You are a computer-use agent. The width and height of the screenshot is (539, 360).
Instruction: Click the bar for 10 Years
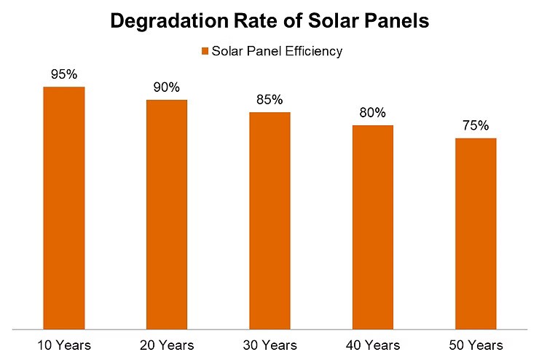click(64, 208)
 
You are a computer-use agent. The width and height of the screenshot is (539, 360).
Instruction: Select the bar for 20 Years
click(167, 214)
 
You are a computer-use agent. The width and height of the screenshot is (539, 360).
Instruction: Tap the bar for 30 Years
click(269, 220)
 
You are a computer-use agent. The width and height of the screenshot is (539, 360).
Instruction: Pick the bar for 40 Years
click(373, 227)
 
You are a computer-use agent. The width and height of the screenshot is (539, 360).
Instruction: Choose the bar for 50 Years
click(476, 233)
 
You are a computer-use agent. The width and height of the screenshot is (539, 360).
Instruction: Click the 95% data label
click(64, 75)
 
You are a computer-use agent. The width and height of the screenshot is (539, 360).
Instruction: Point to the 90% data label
click(167, 88)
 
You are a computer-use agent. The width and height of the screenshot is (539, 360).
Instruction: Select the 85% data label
click(269, 101)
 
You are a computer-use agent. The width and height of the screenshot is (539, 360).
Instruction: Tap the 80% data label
click(373, 114)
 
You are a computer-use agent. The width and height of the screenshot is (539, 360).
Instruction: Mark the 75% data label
click(476, 126)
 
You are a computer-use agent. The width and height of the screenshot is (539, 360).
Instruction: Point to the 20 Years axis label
click(167, 344)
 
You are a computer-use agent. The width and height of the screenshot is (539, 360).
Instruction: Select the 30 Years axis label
click(269, 344)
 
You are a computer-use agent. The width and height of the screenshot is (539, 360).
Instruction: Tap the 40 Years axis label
click(373, 344)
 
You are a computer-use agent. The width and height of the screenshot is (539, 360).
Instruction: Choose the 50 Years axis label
click(476, 344)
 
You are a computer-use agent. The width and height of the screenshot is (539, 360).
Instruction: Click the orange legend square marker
click(205, 51)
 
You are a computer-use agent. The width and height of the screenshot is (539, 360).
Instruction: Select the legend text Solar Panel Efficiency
click(276, 51)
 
